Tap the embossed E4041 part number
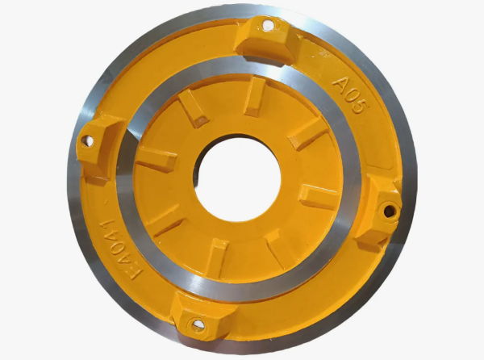coord(121,249)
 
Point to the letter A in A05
coord(340,84)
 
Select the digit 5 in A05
coord(360,107)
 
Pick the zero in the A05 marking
coord(351,97)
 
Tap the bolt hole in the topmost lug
coord(268,25)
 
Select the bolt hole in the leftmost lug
coord(87,140)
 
